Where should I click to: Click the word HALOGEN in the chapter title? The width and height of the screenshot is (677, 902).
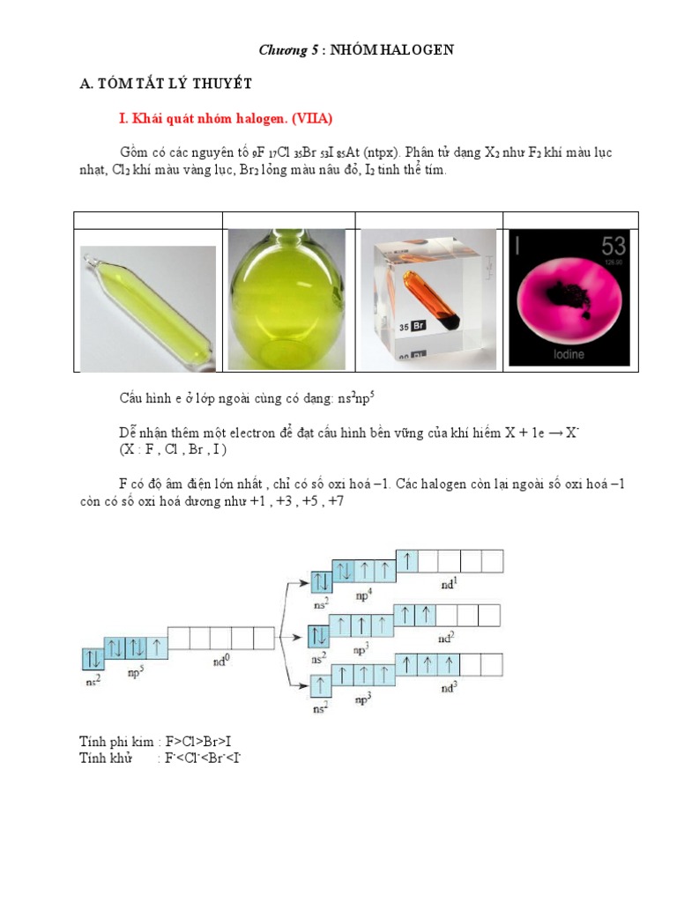coord(421,50)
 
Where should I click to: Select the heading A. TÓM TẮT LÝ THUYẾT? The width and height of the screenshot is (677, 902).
coord(166,84)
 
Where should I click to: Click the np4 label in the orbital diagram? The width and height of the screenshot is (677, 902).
coord(363,592)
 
